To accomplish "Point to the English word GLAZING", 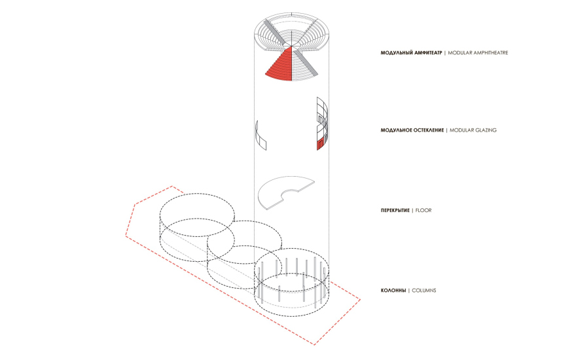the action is pos(485,130).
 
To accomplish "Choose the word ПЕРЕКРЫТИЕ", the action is pos(395,211).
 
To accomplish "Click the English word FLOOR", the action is pos(423,211).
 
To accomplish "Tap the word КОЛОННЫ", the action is pos(393,291).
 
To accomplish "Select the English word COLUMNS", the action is pos(424,291).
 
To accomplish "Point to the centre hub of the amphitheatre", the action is pos(292,46).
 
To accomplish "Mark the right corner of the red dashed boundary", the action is pos(360,300).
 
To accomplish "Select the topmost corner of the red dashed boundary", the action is pos(172,187).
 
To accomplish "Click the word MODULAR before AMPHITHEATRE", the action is pos(460,53).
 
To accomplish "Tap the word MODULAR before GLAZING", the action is pos(461,130).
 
